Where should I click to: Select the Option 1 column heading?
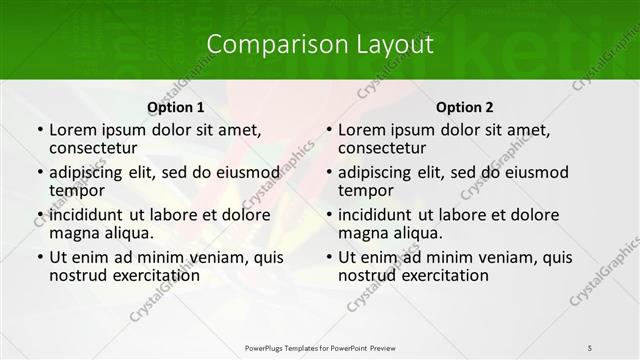(176, 106)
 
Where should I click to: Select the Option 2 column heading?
(465, 106)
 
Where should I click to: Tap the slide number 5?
(590, 347)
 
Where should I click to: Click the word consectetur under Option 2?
(387, 148)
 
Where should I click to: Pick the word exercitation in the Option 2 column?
(435, 275)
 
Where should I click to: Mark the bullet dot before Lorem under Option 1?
(39, 131)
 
